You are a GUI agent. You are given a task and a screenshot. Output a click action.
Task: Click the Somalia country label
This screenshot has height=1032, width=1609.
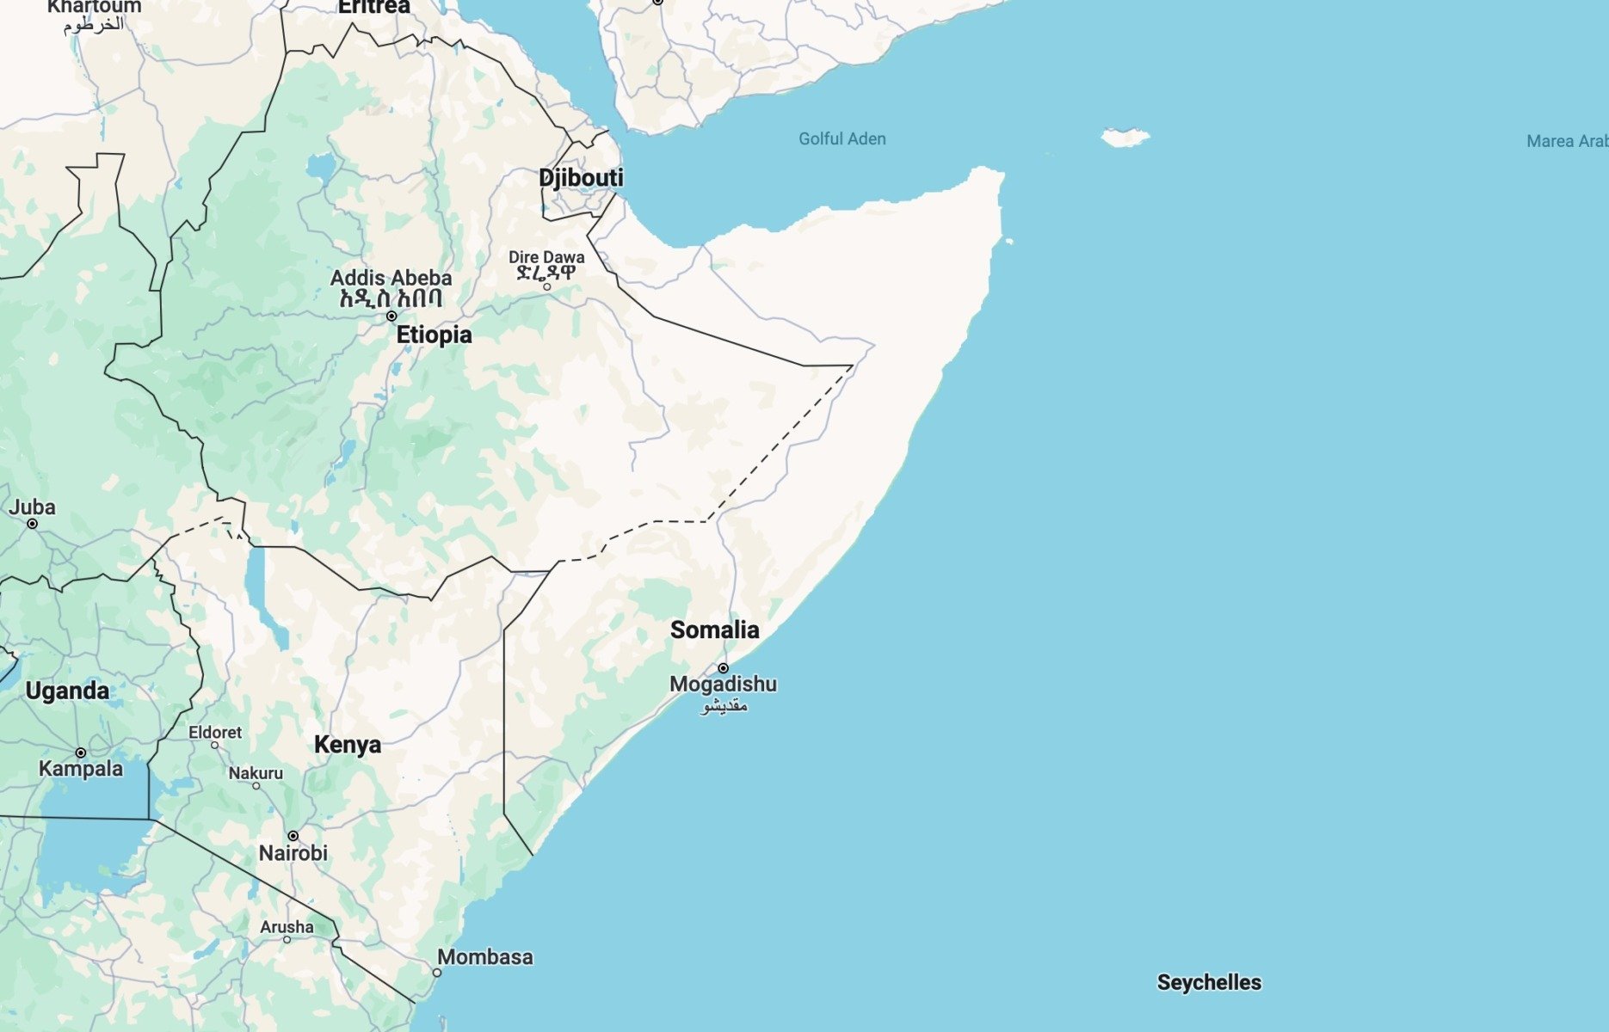pos(714,630)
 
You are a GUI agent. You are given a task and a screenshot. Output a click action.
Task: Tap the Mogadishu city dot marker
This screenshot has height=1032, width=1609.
pos(723,668)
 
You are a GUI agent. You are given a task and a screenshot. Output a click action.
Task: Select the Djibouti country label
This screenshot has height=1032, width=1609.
pos(581,178)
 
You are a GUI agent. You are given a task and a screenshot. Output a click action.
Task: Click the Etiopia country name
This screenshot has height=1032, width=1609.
pos(434,335)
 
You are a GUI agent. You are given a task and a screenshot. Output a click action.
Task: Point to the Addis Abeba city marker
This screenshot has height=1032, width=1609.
pos(391,316)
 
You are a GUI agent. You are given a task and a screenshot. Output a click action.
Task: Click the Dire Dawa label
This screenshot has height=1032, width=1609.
pos(546,257)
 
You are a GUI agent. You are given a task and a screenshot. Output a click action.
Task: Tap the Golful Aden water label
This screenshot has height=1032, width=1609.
pos(841,138)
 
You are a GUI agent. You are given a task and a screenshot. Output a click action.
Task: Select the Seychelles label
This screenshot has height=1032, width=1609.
pos(1208,982)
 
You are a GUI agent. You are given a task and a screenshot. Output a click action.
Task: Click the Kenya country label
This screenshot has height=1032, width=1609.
pos(347,744)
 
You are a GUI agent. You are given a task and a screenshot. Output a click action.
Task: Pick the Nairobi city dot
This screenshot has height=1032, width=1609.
pos(293,836)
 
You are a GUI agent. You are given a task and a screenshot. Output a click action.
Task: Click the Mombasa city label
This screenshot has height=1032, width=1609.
pos(484,956)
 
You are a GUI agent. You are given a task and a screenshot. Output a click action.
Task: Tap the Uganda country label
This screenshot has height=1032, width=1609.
pos(67,691)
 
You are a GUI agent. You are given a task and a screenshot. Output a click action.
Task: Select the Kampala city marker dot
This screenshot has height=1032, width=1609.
pos(80,752)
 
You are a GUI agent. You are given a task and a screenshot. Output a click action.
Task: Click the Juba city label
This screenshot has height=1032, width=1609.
pos(32,507)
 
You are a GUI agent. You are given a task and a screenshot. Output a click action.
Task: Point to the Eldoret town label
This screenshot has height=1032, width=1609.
pos(215,732)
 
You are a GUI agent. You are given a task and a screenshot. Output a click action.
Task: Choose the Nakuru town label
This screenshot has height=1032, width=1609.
pos(256,772)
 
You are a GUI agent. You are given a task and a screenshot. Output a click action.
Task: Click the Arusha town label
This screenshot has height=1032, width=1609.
pos(287,926)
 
